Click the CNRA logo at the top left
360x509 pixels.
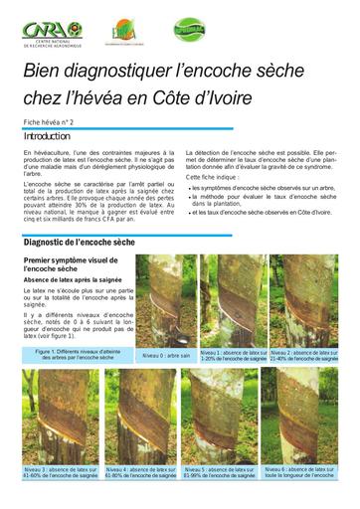(51, 31)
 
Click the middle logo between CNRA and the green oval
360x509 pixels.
(125, 33)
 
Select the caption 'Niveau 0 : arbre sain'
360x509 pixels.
(165, 355)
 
